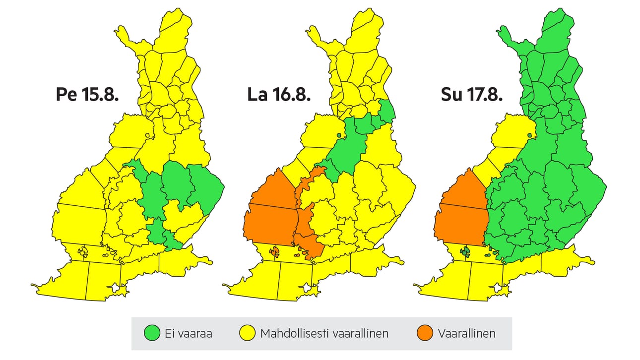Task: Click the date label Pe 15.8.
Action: tap(87, 95)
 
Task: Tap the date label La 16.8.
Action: tap(279, 95)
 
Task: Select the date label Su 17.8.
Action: tap(471, 95)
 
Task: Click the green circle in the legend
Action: tap(151, 334)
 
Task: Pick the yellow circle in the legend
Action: tap(247, 334)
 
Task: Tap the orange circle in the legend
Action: tap(425, 334)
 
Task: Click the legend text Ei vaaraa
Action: tap(188, 334)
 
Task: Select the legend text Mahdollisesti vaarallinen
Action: tap(324, 334)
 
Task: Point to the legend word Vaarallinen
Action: tap(466, 334)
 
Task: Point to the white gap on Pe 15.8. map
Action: tap(116, 288)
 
